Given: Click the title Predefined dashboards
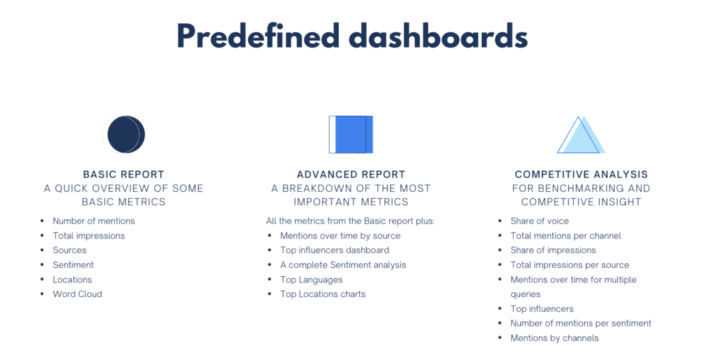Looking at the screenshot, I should tap(351, 37).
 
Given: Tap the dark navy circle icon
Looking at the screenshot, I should tap(124, 134).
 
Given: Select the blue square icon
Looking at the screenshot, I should tap(351, 134).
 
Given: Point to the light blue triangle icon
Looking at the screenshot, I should tap(581, 135).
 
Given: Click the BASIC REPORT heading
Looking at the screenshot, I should tap(123, 174).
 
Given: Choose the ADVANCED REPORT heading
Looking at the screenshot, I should tap(351, 174).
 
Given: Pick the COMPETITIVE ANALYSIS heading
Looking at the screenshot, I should tap(581, 174).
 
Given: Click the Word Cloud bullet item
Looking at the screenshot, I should tap(77, 294).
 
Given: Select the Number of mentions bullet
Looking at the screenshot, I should tap(93, 220).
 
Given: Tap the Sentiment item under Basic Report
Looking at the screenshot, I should tap(73, 264).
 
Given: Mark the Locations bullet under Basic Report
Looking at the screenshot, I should tap(73, 279).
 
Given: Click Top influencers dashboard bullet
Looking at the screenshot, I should tap(335, 250).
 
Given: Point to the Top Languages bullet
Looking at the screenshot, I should tap(311, 279).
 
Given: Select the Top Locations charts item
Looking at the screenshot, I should tap(323, 294).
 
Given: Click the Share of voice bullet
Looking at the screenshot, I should tap(540, 220).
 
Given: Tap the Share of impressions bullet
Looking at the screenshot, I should tap(553, 250).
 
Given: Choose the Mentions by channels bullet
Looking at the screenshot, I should tap(554, 338).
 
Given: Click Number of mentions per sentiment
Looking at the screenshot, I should tap(581, 323).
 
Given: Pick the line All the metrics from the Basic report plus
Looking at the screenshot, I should tap(350, 220).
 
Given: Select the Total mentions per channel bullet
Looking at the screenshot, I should tap(565, 235).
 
